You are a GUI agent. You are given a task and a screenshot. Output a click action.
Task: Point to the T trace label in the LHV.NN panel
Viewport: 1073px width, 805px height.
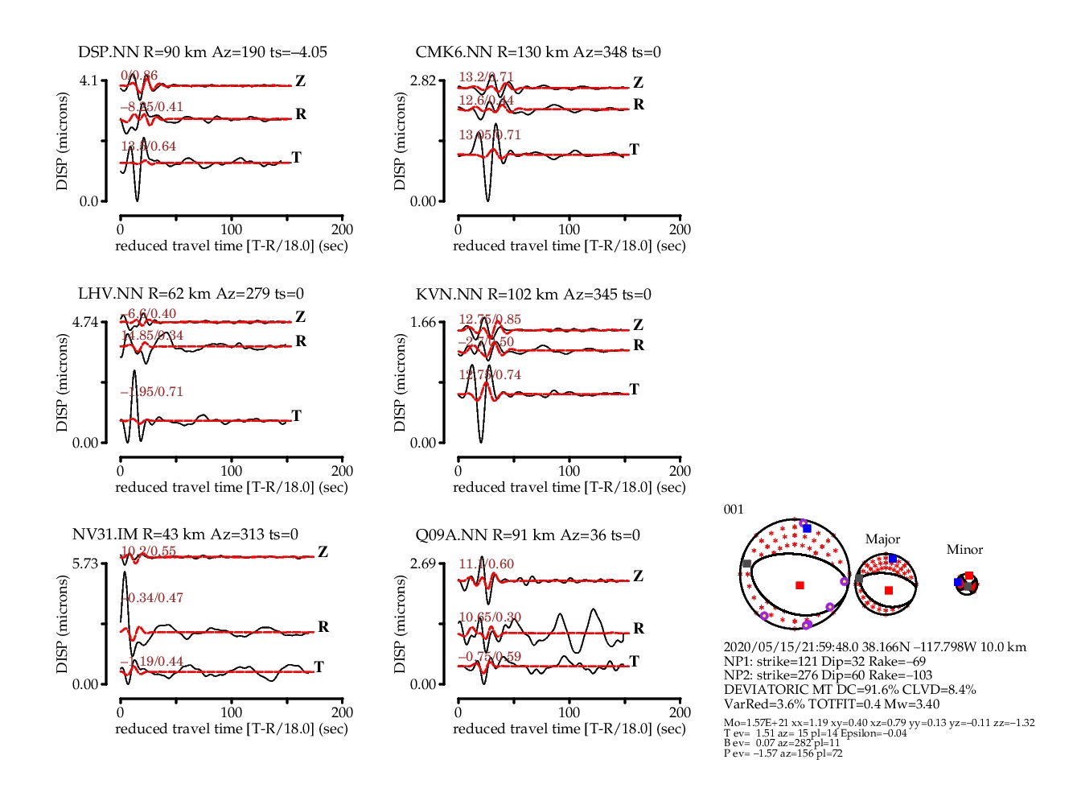[297, 416]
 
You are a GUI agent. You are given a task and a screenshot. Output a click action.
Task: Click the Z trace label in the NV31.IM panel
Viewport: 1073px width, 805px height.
[323, 552]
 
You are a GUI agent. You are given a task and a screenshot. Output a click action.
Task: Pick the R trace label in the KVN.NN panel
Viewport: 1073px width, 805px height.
[639, 345]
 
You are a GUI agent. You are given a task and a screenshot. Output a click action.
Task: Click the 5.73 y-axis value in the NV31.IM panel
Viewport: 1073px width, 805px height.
[84, 563]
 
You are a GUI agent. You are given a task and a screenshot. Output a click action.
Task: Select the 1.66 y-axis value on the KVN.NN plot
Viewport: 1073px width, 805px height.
[423, 323]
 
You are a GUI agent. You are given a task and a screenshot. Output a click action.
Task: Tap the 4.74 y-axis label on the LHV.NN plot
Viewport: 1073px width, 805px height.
[84, 323]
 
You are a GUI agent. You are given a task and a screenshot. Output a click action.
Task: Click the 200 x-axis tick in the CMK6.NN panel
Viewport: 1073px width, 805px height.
[680, 229]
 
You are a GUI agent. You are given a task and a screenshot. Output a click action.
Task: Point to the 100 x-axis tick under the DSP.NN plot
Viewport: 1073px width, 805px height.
[232, 229]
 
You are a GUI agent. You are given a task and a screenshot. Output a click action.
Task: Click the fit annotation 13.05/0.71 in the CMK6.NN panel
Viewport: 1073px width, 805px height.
[490, 135]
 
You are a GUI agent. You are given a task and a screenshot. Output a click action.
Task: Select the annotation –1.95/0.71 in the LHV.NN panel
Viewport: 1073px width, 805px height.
[152, 392]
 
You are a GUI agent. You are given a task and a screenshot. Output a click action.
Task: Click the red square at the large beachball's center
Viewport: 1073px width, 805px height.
[800, 585]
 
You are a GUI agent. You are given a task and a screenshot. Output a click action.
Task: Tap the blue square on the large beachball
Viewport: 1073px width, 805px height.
[807, 528]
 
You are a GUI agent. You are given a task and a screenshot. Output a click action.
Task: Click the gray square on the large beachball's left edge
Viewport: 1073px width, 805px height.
[747, 564]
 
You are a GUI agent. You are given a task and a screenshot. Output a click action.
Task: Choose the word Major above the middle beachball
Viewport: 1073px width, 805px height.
[882, 539]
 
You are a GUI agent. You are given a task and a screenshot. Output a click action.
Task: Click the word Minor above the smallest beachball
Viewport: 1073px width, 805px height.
[964, 550]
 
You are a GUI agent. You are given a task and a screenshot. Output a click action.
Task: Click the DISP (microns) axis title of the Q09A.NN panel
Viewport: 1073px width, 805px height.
[400, 624]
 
